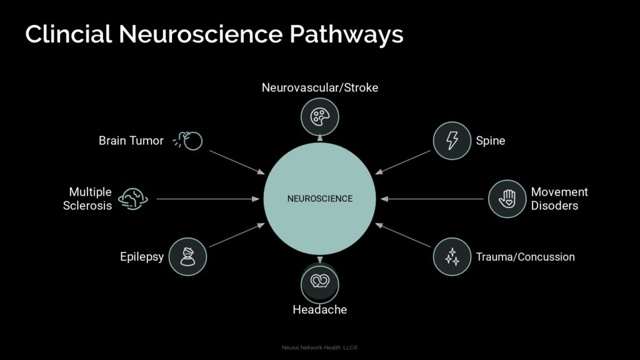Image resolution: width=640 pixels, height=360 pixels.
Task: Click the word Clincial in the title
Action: click(x=69, y=34)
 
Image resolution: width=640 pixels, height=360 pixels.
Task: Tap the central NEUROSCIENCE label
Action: click(x=320, y=199)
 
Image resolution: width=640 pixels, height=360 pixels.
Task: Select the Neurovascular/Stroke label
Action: click(x=320, y=87)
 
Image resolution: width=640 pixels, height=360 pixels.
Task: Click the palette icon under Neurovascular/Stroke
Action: click(x=320, y=116)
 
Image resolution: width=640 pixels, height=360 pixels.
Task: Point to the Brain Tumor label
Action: click(x=131, y=141)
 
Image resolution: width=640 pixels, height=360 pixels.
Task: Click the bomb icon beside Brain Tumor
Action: click(x=191, y=141)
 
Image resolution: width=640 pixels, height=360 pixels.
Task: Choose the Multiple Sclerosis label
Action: click(x=90, y=198)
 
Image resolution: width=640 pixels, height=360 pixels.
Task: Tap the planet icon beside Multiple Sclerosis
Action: click(x=132, y=199)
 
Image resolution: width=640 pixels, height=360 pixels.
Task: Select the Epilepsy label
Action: click(x=142, y=256)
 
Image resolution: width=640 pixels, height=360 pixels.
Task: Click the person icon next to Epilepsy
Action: click(x=187, y=256)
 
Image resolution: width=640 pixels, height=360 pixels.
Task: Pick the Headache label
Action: click(x=320, y=309)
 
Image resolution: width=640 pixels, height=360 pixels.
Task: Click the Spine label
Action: click(x=491, y=141)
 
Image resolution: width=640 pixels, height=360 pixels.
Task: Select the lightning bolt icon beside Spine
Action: click(x=452, y=141)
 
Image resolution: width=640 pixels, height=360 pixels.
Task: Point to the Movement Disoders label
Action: click(x=559, y=198)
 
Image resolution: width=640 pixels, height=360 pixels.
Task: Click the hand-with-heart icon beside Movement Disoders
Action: click(x=507, y=199)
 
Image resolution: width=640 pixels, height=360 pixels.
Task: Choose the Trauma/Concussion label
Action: click(x=525, y=257)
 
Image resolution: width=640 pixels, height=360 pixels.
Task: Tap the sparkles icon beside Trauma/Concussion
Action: click(x=452, y=256)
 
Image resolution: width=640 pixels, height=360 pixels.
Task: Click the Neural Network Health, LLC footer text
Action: click(x=320, y=347)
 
